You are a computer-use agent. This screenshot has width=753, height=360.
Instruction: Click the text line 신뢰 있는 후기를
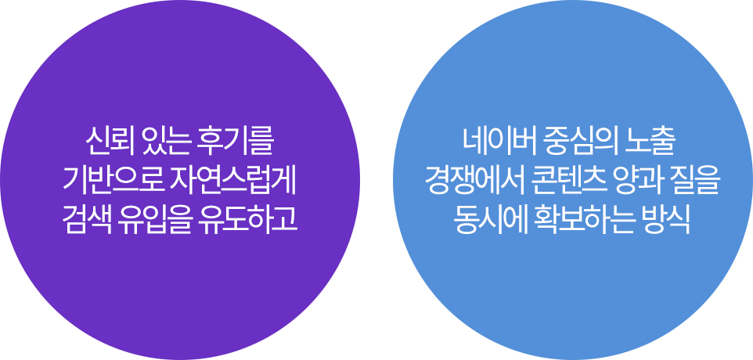tap(179, 142)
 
